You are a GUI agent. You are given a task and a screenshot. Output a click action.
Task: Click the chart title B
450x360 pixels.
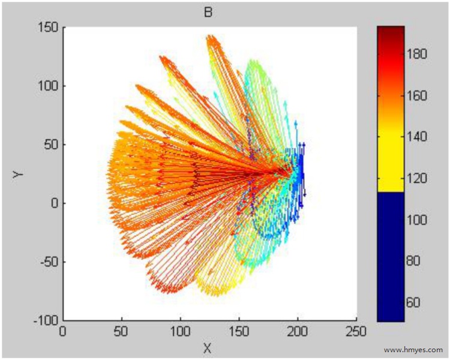(x=208, y=11)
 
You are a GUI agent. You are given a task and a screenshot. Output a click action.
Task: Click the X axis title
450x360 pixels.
(x=208, y=347)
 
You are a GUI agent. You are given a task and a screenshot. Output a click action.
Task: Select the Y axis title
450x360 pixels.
(x=19, y=174)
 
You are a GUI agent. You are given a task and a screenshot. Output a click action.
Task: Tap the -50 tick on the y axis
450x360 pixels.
(x=48, y=262)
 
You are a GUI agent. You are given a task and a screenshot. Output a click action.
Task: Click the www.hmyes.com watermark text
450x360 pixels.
(x=413, y=349)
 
